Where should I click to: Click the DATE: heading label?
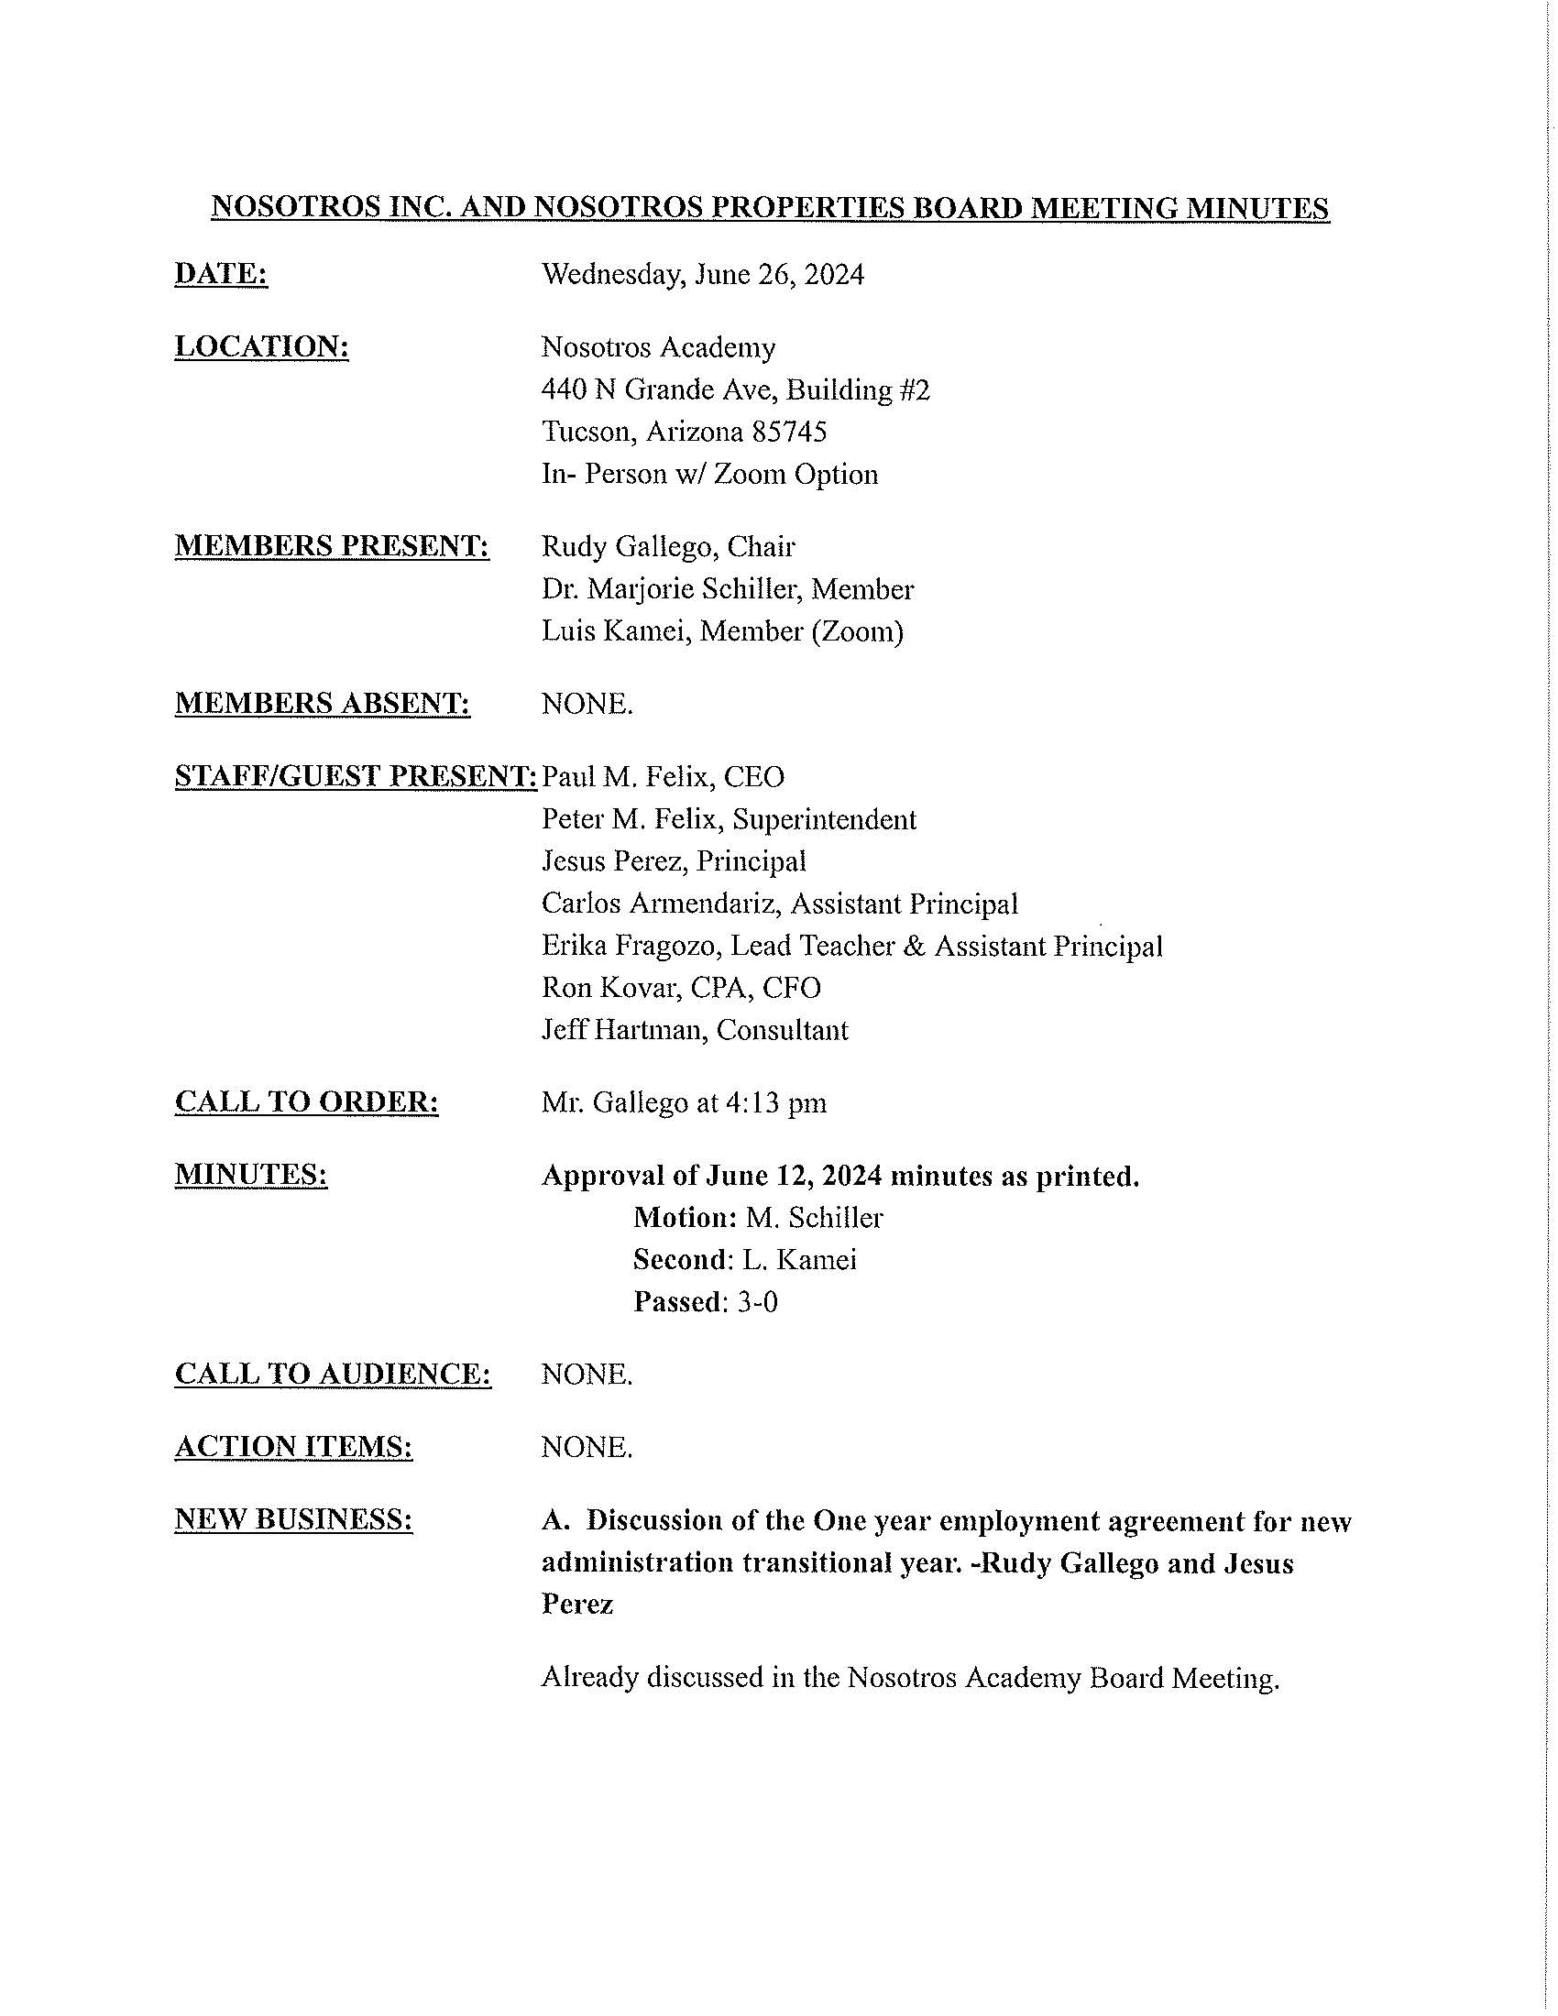tap(221, 274)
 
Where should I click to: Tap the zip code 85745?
tap(789, 431)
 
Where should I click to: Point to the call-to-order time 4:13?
tap(751, 1102)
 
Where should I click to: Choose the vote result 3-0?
tap(757, 1301)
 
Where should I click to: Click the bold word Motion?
tap(685, 1218)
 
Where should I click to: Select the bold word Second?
tap(683, 1259)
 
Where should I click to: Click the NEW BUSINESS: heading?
tap(293, 1518)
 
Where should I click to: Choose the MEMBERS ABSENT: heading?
tap(322, 704)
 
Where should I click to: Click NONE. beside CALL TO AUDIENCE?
tap(587, 1375)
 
